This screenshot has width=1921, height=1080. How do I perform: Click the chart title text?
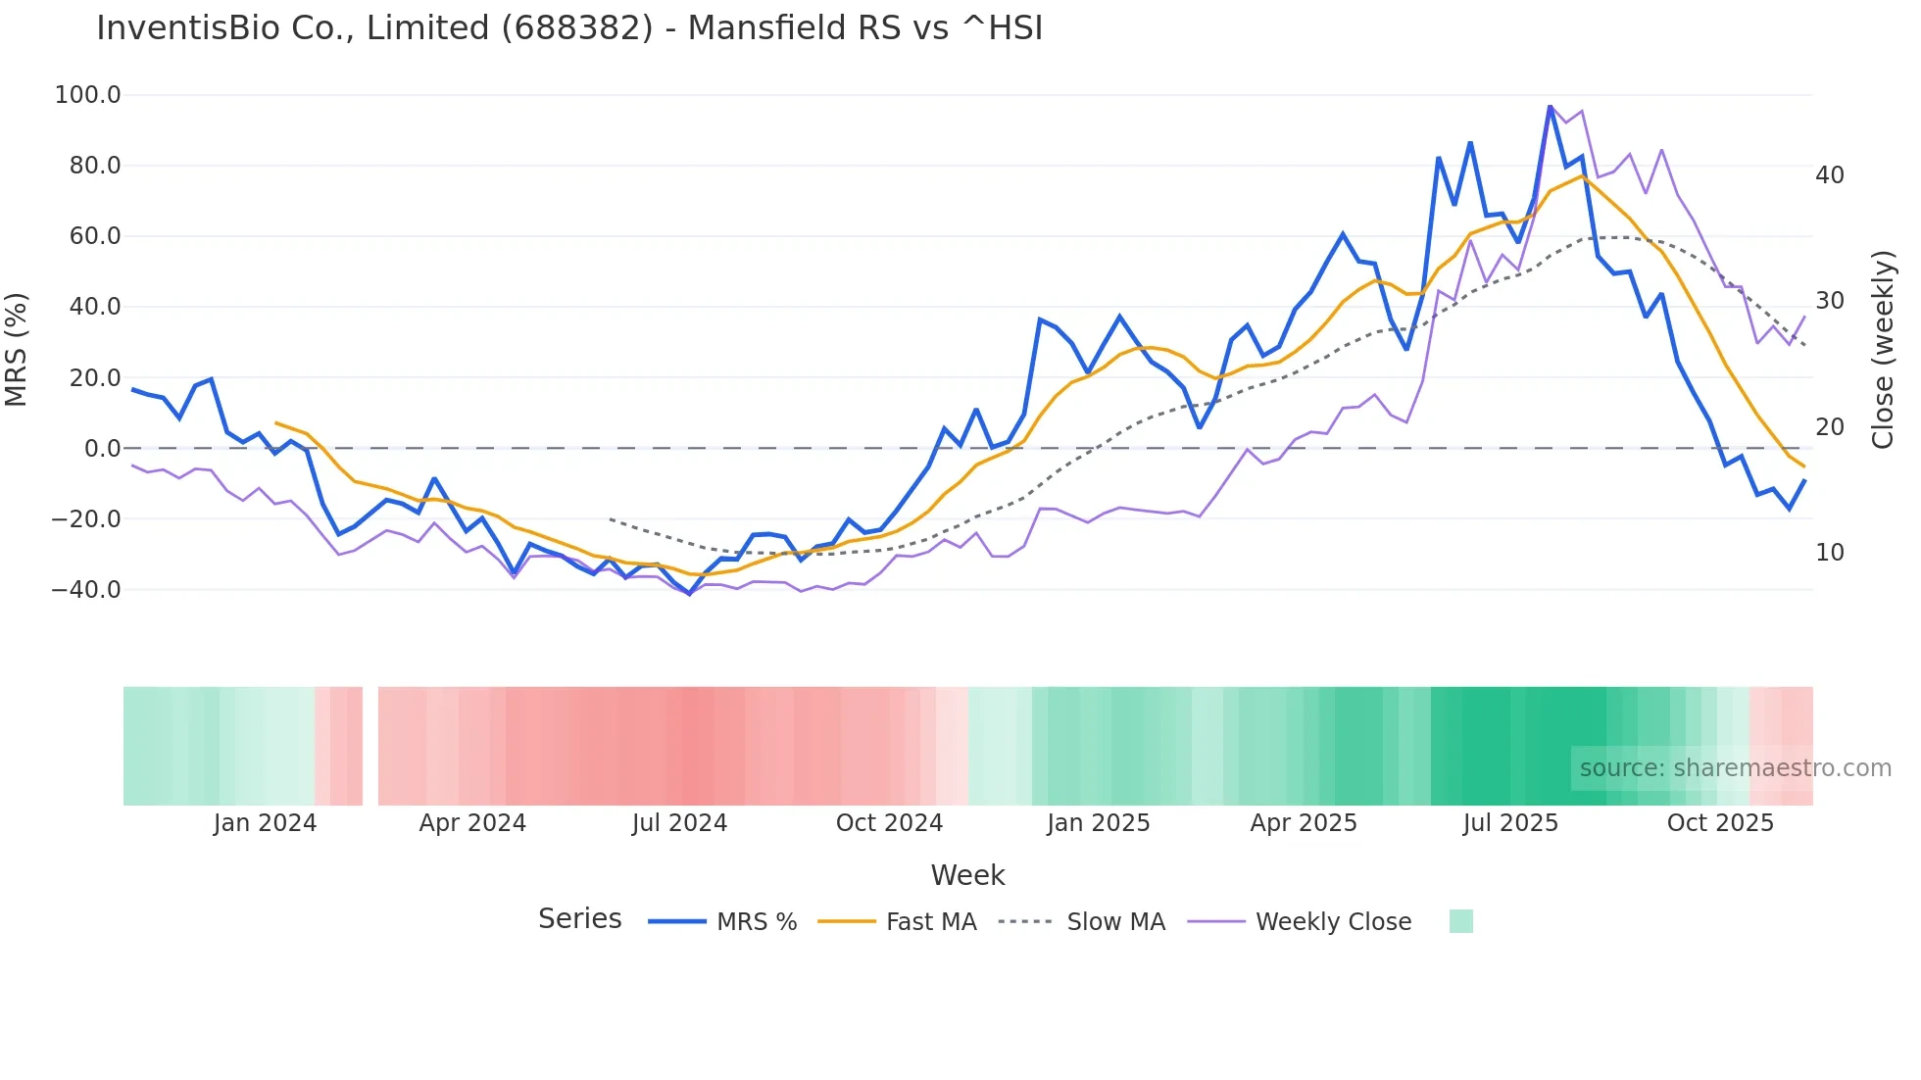[569, 28]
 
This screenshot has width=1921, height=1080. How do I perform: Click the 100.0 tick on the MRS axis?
[88, 95]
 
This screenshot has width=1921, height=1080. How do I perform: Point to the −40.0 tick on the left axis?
[86, 590]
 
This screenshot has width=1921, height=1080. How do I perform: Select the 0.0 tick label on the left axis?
[102, 449]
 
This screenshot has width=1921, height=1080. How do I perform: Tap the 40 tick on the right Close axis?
[1830, 175]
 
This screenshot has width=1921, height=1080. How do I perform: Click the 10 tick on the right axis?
[1830, 553]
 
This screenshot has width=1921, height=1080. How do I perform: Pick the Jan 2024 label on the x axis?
[265, 823]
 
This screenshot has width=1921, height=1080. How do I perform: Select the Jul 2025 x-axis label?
[1510, 823]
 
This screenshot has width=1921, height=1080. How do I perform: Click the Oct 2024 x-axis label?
[889, 823]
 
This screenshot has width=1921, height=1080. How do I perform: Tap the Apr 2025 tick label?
[1304, 823]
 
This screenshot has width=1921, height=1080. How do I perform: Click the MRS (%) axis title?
[17, 349]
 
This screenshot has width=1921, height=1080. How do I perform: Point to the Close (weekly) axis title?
[1883, 350]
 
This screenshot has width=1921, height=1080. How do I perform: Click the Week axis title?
[967, 875]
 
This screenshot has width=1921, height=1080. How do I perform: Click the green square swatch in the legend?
[1460, 921]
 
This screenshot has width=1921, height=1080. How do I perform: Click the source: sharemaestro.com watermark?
[1735, 768]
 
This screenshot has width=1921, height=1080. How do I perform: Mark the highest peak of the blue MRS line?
[1551, 107]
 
